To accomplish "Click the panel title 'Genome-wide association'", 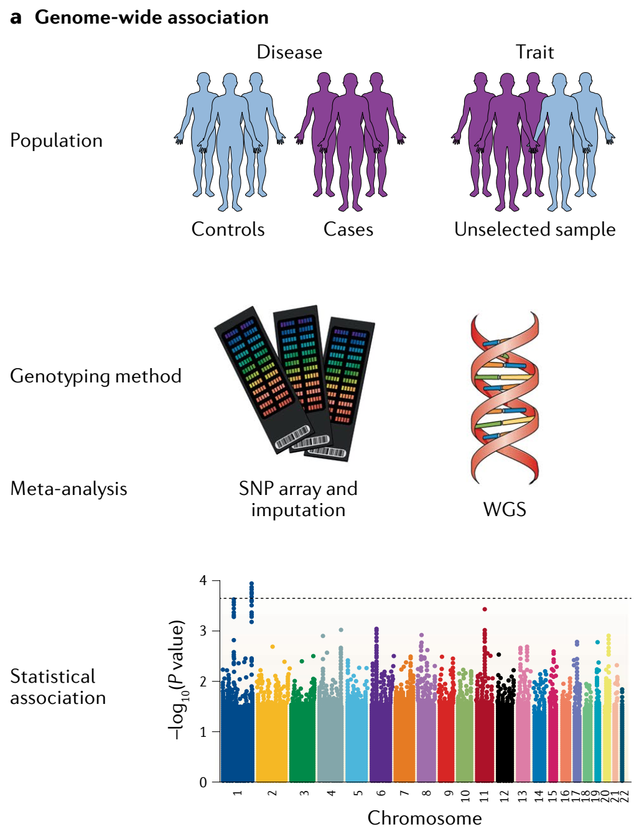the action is pos(151,17).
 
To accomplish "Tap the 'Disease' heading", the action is pos(289,52).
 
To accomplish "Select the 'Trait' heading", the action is pos(534,52).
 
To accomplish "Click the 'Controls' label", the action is pos(228,229).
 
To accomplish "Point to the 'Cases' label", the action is pos(348,229).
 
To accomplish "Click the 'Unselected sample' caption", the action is pos(534,229).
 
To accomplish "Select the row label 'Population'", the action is pos(56,141).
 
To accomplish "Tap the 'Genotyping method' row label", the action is pos(96,377).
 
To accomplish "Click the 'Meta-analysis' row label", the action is pos(68,489).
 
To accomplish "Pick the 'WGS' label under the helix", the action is pos(505,509).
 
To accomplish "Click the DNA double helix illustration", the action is pos(505,398).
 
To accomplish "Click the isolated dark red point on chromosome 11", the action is pos(484,609).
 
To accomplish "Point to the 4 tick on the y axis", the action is pos(203,580).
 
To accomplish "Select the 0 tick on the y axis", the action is pos(203,782).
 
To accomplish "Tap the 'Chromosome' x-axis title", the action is pos(425,818).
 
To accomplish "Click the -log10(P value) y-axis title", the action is pos(177,680).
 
